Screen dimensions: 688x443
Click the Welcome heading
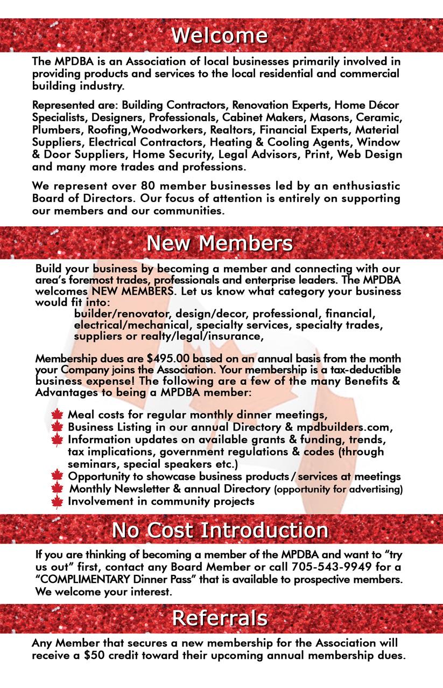point(220,36)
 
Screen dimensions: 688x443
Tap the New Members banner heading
point(220,244)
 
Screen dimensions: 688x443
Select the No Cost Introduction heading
point(220,530)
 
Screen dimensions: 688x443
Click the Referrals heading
point(220,618)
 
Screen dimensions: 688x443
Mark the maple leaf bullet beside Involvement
point(58,502)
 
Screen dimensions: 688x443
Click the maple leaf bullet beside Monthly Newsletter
point(58,489)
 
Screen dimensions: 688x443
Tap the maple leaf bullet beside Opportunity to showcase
point(58,476)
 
